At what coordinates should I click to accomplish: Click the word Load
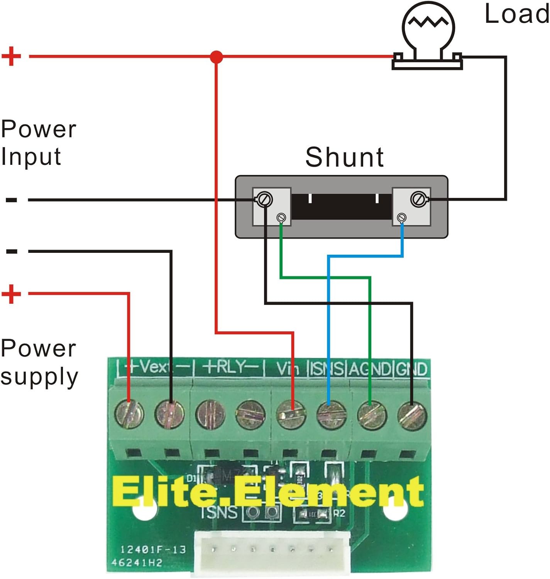click(516, 14)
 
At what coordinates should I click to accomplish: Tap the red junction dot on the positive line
click(217, 57)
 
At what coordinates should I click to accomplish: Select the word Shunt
click(344, 157)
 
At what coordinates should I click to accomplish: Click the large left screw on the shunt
click(265, 199)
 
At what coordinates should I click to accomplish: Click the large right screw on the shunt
click(418, 199)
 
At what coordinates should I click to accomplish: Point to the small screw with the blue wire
click(402, 218)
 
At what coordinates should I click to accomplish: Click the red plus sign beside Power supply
click(11, 294)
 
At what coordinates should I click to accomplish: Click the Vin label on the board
click(288, 369)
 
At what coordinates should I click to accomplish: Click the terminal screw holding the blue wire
click(331, 415)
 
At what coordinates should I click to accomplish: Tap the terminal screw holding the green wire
click(372, 415)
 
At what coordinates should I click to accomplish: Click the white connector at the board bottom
click(272, 552)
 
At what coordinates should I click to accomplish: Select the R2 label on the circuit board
click(338, 513)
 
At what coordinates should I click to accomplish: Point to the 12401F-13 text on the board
click(153, 550)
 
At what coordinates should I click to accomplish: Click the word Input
click(31, 157)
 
